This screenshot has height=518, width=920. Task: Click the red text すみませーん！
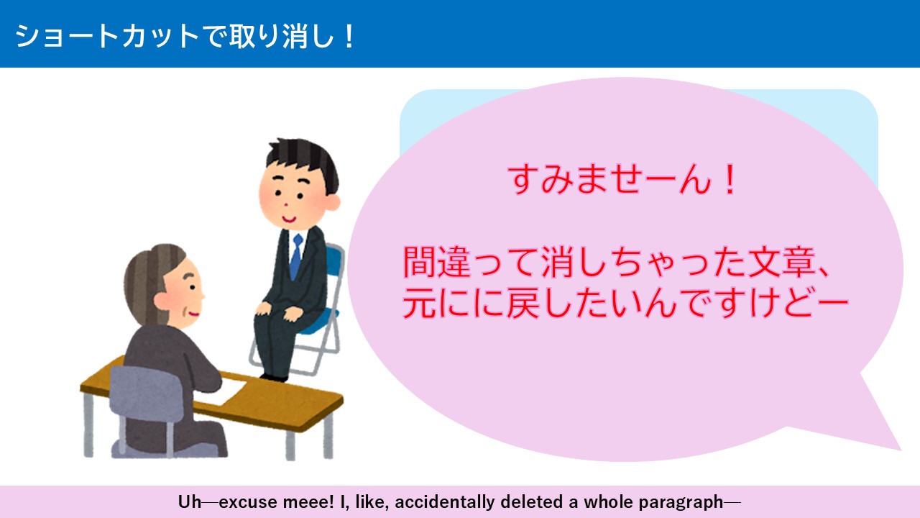click(623, 181)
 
